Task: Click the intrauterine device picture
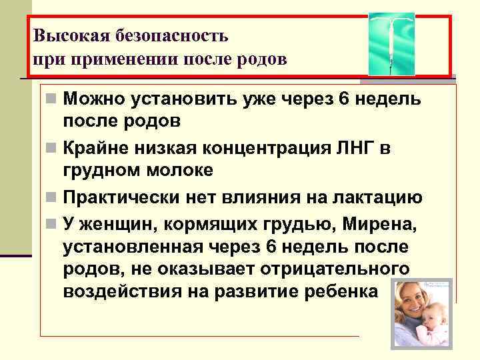coord(391,44)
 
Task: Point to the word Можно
coord(92,100)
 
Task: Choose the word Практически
coord(121,197)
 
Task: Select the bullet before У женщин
coord(51,222)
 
